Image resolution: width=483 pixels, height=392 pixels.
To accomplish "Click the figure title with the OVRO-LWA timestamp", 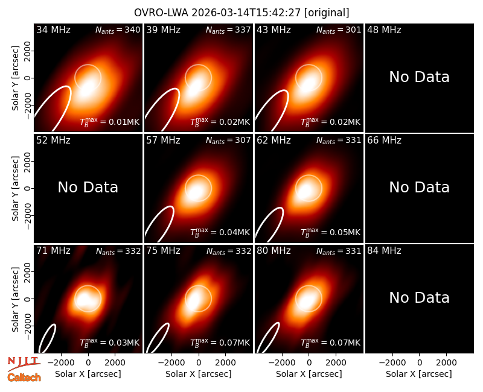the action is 241,13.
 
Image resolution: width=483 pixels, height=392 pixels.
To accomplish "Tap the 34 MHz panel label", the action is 53,30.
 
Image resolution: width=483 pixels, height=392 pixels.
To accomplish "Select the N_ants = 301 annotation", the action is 339,30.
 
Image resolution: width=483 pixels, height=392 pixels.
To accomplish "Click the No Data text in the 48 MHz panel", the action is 419,77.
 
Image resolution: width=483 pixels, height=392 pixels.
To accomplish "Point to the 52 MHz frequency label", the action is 53,141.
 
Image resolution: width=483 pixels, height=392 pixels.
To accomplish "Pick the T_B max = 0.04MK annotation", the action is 220,232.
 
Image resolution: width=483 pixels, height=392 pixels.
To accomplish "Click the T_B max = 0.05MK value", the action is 330,232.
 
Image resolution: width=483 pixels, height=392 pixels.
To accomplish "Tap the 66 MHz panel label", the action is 384,141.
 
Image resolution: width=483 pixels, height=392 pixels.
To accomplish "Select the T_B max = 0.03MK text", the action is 110,343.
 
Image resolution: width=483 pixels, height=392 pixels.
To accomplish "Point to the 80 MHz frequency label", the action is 273,250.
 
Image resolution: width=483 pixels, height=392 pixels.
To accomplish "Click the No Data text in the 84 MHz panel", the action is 419,298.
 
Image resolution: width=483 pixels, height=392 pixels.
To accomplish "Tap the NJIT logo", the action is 24,364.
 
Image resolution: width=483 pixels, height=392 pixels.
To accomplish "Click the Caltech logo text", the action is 24,378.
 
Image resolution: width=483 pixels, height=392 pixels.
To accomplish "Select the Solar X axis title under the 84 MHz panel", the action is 419,374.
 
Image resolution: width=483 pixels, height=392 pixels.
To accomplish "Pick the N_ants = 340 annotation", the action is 118,30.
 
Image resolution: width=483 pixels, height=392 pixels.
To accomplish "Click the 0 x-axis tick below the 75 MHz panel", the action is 199,362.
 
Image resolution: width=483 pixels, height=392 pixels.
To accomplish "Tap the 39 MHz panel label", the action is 163,30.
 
